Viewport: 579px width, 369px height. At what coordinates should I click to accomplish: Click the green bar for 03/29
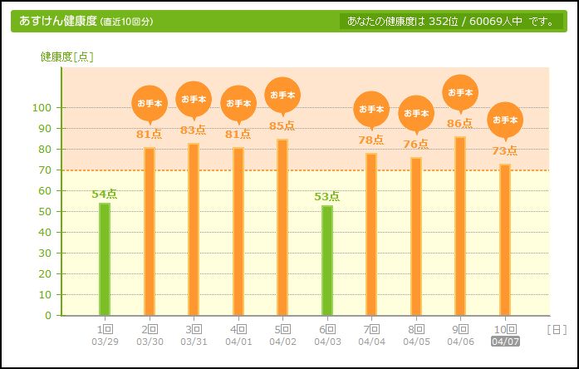[105, 258]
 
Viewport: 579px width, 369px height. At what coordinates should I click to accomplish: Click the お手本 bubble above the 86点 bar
[460, 92]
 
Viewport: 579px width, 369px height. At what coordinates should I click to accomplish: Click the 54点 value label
[105, 194]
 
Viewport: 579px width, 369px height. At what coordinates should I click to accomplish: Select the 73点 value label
[505, 151]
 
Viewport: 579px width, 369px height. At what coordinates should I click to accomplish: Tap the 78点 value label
[371, 140]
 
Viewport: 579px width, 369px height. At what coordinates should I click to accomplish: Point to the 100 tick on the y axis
[42, 108]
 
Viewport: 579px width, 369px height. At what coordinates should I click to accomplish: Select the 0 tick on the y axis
[48, 316]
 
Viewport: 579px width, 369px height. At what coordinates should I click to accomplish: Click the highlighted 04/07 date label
[505, 342]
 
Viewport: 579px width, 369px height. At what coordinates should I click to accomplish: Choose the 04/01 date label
[238, 342]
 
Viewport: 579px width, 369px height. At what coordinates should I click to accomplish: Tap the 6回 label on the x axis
[327, 329]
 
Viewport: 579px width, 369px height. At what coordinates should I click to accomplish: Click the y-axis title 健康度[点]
[67, 57]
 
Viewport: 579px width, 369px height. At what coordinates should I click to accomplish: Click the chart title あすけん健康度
[57, 21]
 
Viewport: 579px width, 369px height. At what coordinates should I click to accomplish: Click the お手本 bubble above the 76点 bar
[416, 113]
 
